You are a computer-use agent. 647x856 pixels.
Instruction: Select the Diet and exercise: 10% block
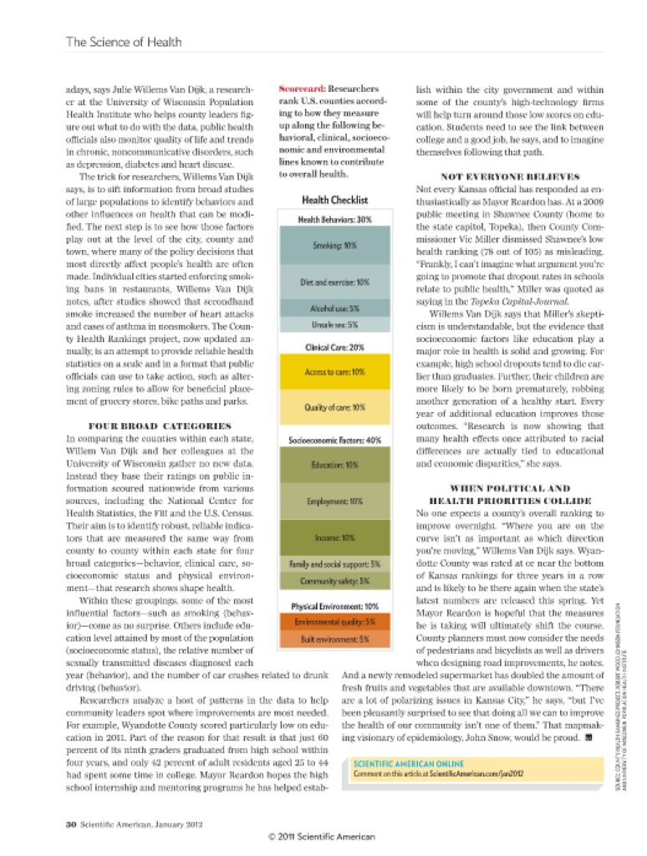click(x=334, y=283)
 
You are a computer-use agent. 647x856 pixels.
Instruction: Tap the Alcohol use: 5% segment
click(x=334, y=308)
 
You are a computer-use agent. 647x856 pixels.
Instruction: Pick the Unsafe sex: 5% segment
click(x=334, y=324)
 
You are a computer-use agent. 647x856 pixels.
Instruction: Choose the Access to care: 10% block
click(x=334, y=371)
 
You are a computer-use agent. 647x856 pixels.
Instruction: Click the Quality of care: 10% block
click(x=334, y=407)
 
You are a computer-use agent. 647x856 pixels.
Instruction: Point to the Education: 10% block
click(x=334, y=464)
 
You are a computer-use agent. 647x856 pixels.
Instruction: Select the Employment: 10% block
click(x=334, y=502)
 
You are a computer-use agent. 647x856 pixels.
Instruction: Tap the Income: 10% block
click(x=334, y=538)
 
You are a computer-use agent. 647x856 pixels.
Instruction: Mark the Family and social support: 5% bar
click(x=334, y=564)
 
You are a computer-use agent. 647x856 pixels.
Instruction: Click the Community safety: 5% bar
click(x=334, y=581)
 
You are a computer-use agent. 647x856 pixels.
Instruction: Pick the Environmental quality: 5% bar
click(x=334, y=622)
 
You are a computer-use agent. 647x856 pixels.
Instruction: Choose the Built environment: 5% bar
click(x=334, y=639)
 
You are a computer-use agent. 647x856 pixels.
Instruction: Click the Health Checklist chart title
click(x=334, y=201)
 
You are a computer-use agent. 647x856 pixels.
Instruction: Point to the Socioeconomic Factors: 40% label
click(x=334, y=440)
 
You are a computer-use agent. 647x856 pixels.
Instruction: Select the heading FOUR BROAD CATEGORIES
click(x=160, y=425)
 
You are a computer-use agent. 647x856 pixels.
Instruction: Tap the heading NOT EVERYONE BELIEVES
click(x=510, y=177)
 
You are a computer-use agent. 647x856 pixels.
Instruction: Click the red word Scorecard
click(x=302, y=88)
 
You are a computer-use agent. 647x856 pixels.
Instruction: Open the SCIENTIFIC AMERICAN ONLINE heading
click(x=409, y=763)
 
